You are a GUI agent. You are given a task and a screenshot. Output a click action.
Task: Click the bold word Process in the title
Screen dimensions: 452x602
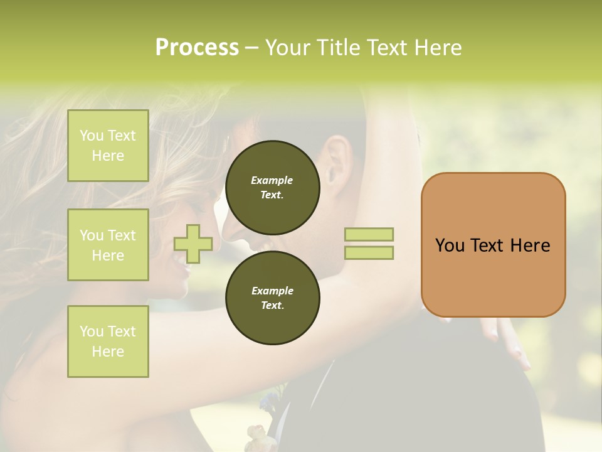pos(197,48)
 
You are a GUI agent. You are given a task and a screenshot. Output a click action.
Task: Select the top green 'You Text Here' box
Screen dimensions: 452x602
pos(108,146)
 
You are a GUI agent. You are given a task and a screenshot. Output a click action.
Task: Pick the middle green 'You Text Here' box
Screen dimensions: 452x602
pos(108,245)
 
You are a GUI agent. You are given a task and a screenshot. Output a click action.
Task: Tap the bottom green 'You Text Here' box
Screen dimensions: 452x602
pos(108,342)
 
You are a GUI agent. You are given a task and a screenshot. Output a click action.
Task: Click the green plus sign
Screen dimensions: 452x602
pos(193,244)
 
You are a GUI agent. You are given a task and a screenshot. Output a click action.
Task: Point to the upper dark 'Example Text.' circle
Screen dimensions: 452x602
pos(272,187)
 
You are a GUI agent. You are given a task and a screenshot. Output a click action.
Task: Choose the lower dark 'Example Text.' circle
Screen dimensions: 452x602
pos(272,298)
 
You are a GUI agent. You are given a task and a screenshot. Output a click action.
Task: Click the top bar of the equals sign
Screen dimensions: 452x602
pos(369,234)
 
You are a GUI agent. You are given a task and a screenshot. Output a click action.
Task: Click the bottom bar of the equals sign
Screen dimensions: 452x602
pos(369,253)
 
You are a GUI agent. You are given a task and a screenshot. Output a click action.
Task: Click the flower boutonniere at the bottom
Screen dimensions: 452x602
pos(257,433)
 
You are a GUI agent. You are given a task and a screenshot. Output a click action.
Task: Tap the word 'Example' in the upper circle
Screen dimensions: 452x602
pos(272,180)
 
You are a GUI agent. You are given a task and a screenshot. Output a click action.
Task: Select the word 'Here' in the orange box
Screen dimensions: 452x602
pos(530,245)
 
